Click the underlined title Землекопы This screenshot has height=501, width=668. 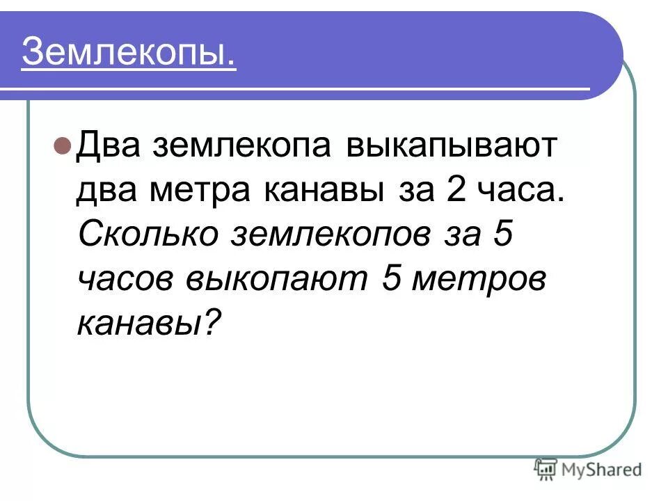pyautogui.click(x=129, y=53)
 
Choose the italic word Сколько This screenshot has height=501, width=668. pyautogui.click(x=146, y=234)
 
